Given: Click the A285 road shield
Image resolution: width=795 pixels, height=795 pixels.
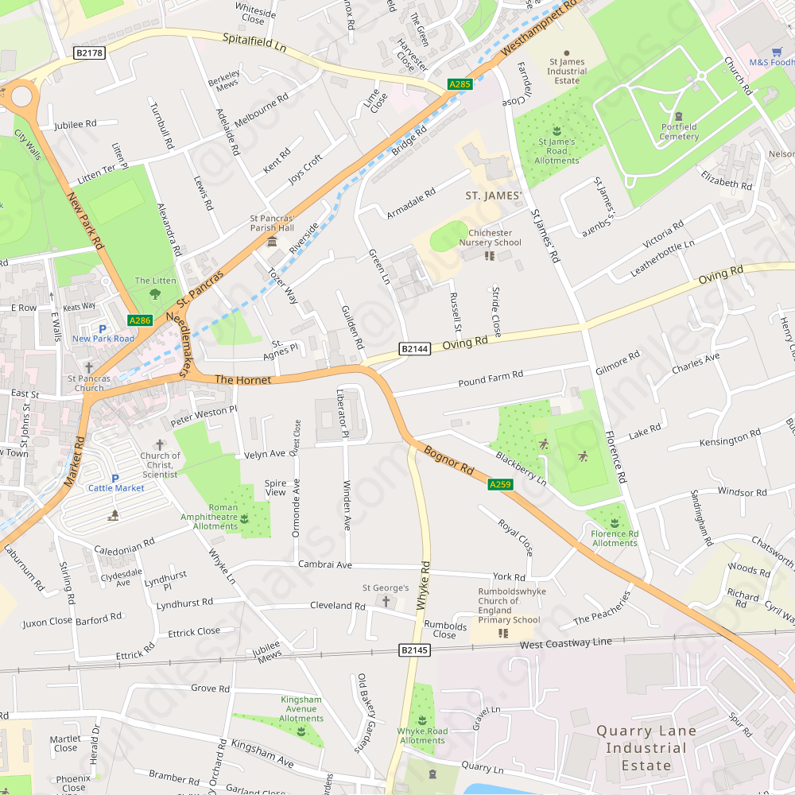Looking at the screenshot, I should coord(460,83).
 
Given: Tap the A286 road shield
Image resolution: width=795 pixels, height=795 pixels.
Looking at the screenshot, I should coord(140,320).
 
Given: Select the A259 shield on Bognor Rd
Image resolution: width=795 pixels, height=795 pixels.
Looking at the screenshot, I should coord(500,484).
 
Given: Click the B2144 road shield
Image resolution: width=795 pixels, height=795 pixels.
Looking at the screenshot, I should coord(414,348).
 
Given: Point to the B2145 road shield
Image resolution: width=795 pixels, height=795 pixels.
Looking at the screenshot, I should coord(414,650).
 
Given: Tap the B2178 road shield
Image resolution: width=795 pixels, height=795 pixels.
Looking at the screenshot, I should coord(89,52).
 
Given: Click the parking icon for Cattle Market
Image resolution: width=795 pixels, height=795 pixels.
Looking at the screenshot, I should coord(115,478).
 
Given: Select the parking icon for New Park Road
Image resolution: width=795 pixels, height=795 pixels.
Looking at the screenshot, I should coord(102,328).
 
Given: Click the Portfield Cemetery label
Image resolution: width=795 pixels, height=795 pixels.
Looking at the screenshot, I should coord(679,131).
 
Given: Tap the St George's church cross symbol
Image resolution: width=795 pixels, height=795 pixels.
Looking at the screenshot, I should coord(387,601).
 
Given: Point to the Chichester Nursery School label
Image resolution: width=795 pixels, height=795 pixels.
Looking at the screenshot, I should coord(495,238).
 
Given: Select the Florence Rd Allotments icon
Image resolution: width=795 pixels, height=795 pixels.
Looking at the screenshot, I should coord(615,522).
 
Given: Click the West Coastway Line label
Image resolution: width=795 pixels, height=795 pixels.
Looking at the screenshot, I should coord(566,642).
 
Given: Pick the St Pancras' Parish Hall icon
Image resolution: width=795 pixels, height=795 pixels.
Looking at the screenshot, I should coord(272,240).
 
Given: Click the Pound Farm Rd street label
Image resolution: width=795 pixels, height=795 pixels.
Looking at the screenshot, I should coord(491,378).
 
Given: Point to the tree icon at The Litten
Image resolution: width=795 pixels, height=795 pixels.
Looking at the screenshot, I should coord(155,293).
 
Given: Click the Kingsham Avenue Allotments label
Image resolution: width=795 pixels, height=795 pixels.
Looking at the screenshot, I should coord(301,709).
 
